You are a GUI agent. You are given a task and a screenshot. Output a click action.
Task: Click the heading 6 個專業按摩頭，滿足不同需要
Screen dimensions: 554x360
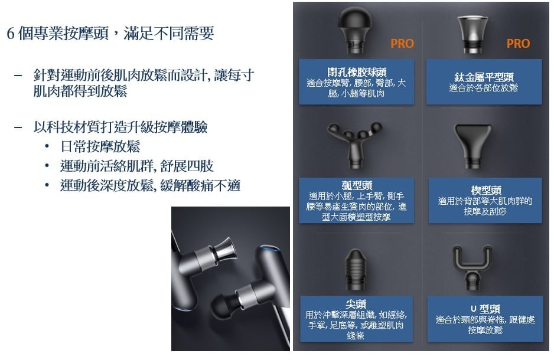(110, 34)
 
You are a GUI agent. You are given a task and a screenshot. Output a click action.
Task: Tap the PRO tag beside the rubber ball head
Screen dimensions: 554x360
(402, 44)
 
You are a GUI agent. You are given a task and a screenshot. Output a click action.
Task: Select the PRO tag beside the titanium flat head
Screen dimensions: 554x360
(519, 44)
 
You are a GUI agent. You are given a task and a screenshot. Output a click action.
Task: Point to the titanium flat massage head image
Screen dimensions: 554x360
(472, 34)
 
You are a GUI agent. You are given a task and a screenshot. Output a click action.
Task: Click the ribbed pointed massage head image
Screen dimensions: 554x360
(355, 270)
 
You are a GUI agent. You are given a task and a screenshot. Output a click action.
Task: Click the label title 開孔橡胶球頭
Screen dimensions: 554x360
(357, 72)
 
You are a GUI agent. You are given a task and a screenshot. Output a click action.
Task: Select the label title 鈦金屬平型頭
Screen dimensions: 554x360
(484, 77)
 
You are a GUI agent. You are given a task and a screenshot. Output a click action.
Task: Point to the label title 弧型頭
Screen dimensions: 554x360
(357, 185)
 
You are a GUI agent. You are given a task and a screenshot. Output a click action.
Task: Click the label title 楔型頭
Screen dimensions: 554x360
(486, 190)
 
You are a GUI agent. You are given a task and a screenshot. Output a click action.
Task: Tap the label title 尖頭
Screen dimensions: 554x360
(356, 303)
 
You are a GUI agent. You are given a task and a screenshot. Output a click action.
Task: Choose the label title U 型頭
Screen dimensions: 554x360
(485, 309)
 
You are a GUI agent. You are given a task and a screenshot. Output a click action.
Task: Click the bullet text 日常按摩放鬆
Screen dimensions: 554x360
(100, 146)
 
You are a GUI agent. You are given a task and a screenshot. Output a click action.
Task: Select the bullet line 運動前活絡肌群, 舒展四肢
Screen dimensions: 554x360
(137, 166)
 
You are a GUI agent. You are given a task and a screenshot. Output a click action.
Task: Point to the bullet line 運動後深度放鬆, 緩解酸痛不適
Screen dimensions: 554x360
(150, 185)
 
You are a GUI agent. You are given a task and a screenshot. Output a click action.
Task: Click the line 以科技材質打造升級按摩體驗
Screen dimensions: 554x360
(120, 127)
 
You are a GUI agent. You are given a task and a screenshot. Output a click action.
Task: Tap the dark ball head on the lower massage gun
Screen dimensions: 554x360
(223, 306)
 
